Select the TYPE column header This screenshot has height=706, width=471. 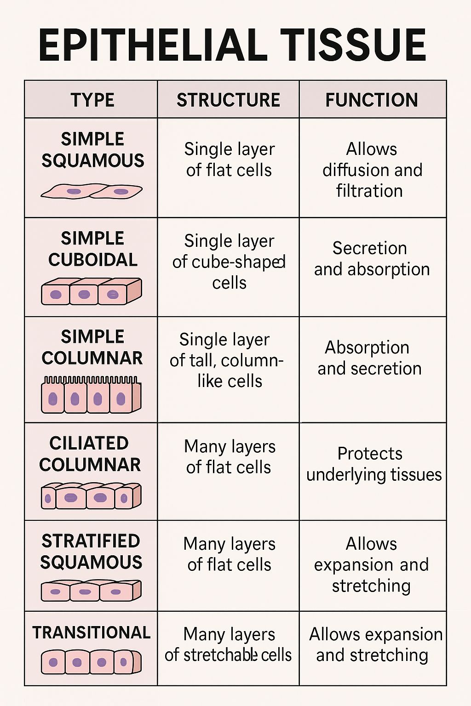point(92,100)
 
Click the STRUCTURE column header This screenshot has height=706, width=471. point(228,100)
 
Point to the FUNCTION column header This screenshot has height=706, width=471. point(372,100)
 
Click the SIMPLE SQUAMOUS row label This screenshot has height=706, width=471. point(92,150)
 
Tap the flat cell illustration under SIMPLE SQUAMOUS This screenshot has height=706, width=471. point(92,191)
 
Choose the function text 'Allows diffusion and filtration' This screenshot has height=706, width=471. point(372,170)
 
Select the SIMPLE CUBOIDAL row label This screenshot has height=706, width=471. point(92,249)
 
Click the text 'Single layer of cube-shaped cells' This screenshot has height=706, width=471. point(229,262)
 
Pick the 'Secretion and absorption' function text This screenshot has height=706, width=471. point(372,259)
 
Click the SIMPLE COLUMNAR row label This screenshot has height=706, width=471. point(92,347)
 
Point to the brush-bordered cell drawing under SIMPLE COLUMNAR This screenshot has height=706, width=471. point(91,395)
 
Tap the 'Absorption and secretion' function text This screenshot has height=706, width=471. point(369,358)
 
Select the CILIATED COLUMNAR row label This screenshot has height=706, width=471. point(90,454)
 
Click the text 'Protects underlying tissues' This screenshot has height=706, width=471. point(374,464)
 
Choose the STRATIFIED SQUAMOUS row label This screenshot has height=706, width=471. point(91,552)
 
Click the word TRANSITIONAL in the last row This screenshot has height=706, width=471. point(92,632)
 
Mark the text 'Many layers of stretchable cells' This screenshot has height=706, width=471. point(228,644)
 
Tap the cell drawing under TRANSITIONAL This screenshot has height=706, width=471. point(91,662)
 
